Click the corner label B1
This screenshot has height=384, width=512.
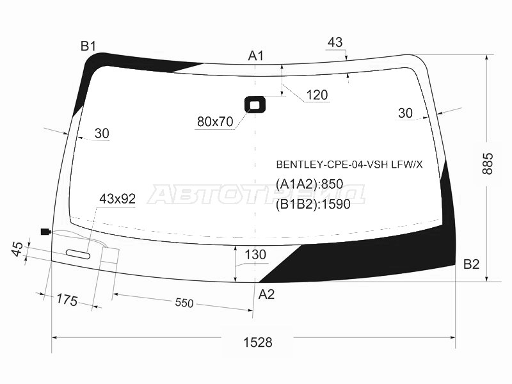[x=88, y=45]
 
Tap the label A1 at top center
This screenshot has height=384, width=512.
[x=256, y=56]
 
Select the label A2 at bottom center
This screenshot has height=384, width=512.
[x=266, y=294]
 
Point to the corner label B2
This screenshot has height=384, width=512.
[x=471, y=264]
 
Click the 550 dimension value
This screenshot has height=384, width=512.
[x=184, y=303]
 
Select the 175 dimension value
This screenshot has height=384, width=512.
[x=66, y=299]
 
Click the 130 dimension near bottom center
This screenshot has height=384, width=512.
[x=255, y=255]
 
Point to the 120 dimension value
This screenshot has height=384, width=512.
[x=317, y=95]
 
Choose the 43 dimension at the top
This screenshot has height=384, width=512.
[x=335, y=42]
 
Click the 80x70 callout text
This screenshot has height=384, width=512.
[x=215, y=122]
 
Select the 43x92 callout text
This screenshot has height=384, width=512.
[x=117, y=199]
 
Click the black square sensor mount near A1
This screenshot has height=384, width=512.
[x=255, y=104]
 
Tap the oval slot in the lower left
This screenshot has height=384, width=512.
[x=78, y=254]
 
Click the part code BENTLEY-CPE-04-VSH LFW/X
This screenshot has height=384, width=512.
[x=349, y=164]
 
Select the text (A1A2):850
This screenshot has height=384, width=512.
[x=310, y=184]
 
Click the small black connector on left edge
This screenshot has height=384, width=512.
[x=45, y=232]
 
